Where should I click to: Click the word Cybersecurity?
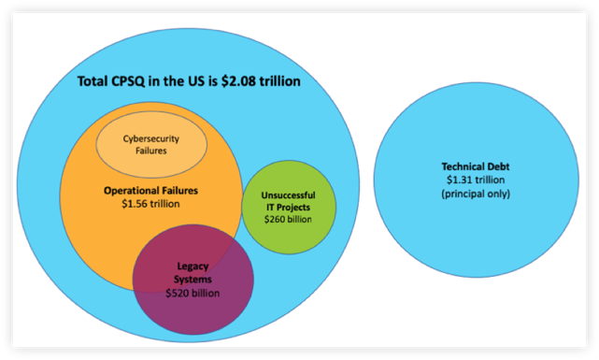coord(150,139)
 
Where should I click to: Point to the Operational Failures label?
coord(151,190)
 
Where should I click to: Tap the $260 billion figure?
coord(288,219)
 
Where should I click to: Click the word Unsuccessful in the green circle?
coord(288,195)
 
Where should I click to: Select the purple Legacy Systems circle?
coord(193,277)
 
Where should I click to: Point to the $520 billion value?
coord(193,293)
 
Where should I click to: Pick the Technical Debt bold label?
coord(464,166)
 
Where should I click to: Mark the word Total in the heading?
coord(93,81)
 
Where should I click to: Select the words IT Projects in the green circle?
coord(288,207)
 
